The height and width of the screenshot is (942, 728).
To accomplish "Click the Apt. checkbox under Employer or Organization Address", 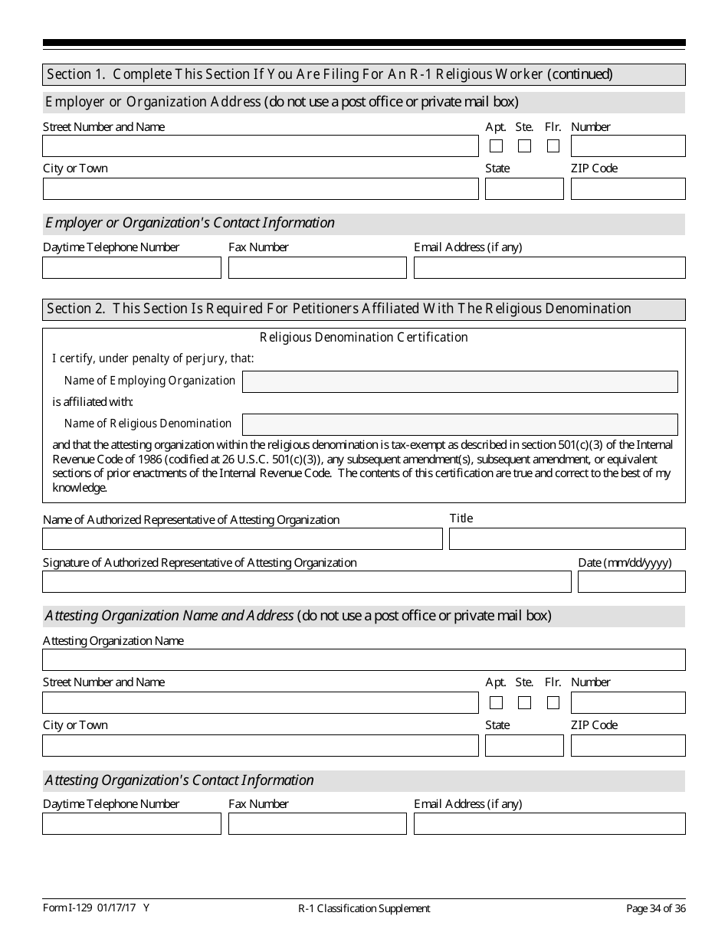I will tap(497, 146).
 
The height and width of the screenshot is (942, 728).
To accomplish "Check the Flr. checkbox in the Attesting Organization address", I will tap(553, 702).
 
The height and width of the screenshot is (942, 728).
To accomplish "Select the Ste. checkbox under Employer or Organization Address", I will tap(525, 146).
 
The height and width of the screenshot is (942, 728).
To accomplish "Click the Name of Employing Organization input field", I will tap(460, 381).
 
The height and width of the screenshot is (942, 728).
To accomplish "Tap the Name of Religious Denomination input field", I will tap(460, 424).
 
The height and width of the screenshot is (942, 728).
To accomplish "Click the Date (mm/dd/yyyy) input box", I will tap(631, 582).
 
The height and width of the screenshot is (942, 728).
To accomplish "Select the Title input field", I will tap(567, 539).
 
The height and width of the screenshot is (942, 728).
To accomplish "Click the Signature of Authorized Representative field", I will tap(307, 582).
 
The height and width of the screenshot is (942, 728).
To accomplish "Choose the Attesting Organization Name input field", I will tap(364, 660).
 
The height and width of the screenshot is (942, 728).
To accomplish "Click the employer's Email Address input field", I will tap(549, 267).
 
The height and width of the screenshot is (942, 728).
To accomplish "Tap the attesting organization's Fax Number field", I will tap(317, 824).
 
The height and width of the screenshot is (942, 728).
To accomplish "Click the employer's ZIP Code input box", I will tap(628, 188).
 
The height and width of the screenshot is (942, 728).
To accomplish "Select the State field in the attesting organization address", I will tap(524, 745).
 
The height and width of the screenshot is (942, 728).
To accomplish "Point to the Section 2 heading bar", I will tap(364, 309).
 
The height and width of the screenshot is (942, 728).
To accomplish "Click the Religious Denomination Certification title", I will tap(364, 337).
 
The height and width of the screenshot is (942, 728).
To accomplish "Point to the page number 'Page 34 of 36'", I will tap(655, 908).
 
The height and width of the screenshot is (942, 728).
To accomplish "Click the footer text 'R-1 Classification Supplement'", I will tap(364, 908).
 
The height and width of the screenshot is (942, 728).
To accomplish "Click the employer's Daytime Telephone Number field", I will tap(132, 267).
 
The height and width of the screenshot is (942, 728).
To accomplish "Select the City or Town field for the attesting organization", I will tap(261, 745).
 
